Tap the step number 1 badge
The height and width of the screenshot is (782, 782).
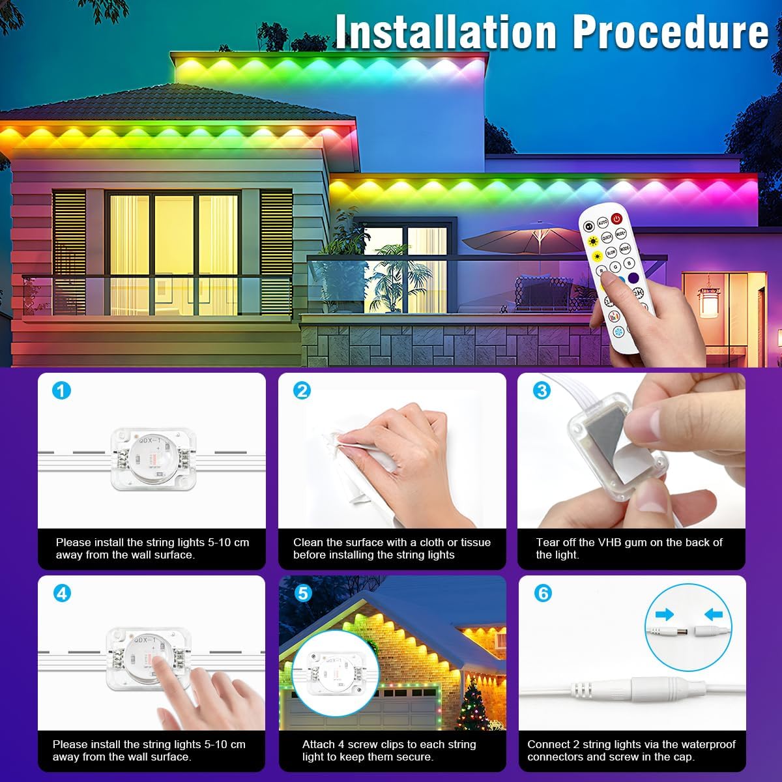click(61, 390)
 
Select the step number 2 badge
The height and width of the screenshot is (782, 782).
click(302, 390)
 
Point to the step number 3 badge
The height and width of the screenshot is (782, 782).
click(542, 390)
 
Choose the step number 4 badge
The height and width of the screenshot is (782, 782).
click(61, 593)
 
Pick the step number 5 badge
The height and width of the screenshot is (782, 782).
click(302, 593)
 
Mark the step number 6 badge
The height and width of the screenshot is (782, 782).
click(542, 593)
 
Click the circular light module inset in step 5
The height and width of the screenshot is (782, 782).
click(328, 671)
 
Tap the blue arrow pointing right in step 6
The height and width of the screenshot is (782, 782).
click(664, 614)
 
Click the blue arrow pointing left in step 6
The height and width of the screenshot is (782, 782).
click(714, 614)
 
